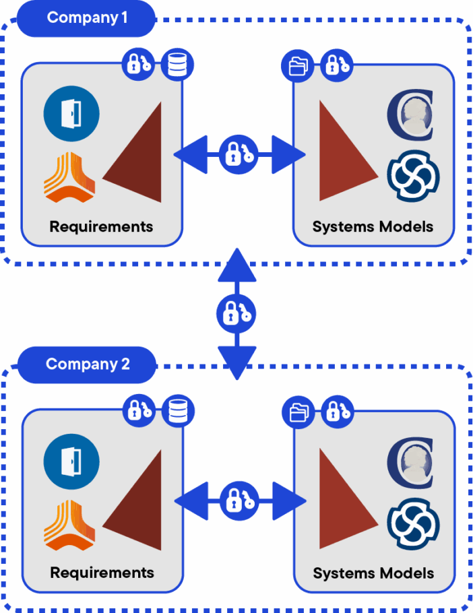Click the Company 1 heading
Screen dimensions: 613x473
(x=87, y=18)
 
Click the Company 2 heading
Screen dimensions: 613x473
(x=88, y=364)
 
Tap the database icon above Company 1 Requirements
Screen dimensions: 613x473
(x=177, y=65)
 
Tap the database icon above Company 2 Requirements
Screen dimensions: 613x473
(x=177, y=411)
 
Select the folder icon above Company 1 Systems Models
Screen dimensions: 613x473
(x=298, y=66)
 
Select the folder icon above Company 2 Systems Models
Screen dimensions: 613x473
(x=298, y=412)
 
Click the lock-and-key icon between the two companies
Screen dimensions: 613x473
(x=236, y=313)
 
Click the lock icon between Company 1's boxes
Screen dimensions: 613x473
(x=239, y=154)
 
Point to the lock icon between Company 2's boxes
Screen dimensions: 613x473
(x=239, y=501)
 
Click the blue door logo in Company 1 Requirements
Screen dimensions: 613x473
(x=71, y=113)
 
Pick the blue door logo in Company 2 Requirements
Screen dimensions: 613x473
(x=71, y=461)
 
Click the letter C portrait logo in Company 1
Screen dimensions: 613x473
(x=410, y=115)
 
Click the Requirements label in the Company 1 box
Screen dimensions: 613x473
(x=101, y=226)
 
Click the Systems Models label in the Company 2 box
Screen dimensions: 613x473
(x=373, y=574)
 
